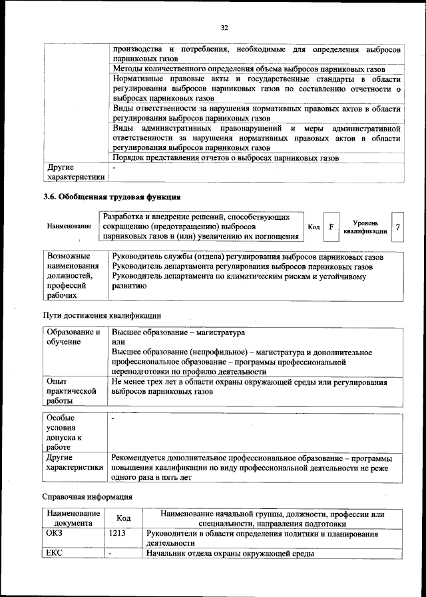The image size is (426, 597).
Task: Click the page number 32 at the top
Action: pyautogui.click(x=224, y=27)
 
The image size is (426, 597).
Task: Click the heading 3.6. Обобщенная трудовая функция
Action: pyautogui.click(x=112, y=197)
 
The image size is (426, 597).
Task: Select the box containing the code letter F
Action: pyautogui.click(x=330, y=227)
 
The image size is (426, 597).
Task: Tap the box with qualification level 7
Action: pyautogui.click(x=397, y=227)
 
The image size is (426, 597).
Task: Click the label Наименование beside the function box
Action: pyautogui.click(x=69, y=227)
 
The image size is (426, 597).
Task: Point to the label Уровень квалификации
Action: pyautogui.click(x=365, y=227)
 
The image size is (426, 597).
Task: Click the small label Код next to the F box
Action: pyautogui.click(x=314, y=227)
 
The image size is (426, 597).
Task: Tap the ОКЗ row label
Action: pyautogui.click(x=53, y=534)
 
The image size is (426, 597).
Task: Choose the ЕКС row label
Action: pyautogui.click(x=53, y=554)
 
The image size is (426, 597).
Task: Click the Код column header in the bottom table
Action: pyautogui.click(x=123, y=518)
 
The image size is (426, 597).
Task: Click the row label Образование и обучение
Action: pyautogui.click(x=73, y=336)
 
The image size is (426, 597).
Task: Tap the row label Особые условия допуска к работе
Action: pyautogui.click(x=64, y=432)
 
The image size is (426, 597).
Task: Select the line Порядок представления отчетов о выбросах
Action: pyautogui.click(x=226, y=158)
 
